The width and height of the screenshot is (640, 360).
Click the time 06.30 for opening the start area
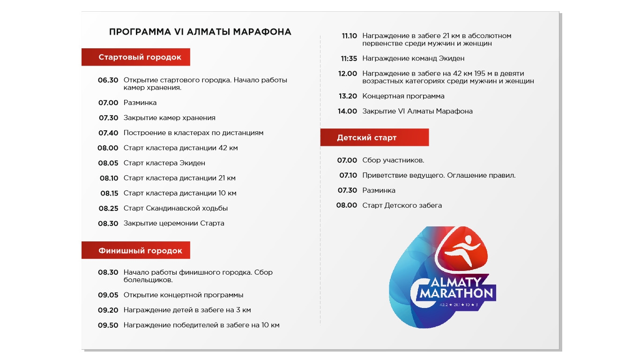pyautogui.click(x=108, y=80)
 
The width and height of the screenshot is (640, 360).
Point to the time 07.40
pyautogui.click(x=108, y=133)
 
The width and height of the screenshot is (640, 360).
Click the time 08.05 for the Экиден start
pyautogui.click(x=108, y=163)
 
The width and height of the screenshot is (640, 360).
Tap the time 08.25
pyautogui.click(x=108, y=209)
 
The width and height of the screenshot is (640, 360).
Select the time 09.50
pyautogui.click(x=108, y=325)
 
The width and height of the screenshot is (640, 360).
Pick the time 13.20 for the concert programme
pyautogui.click(x=348, y=96)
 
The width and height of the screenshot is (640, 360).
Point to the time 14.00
pyautogui.click(x=348, y=112)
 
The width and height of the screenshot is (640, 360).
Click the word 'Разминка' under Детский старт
pyautogui.click(x=379, y=190)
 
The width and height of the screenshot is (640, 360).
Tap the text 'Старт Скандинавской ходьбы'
pyautogui.click(x=176, y=209)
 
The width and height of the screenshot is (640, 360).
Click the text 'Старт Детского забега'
pyautogui.click(x=402, y=205)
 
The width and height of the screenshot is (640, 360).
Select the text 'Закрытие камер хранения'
pyautogui.click(x=170, y=118)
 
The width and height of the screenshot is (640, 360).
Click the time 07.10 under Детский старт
pyautogui.click(x=348, y=175)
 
